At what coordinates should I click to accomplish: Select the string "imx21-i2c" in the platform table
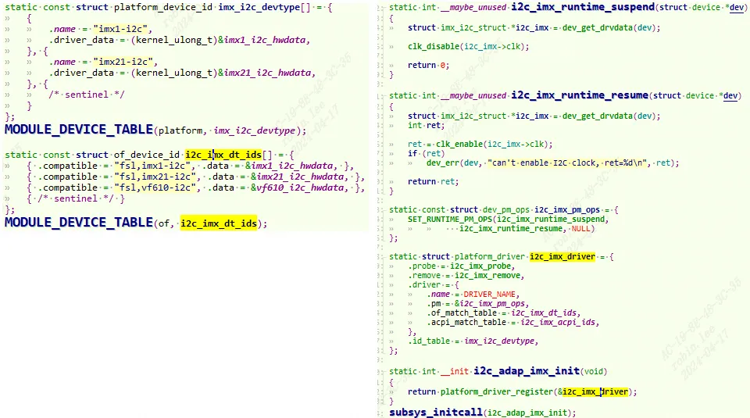click(125, 63)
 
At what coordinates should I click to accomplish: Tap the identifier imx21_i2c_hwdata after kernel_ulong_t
click(267, 73)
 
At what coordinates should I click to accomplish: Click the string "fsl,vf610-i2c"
click(155, 188)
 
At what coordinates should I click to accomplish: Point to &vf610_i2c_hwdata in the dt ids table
click(298, 188)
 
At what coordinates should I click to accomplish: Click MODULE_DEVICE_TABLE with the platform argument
click(78, 130)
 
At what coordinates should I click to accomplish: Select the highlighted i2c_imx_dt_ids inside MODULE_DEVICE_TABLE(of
click(219, 223)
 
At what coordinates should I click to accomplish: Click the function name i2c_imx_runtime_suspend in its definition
click(583, 7)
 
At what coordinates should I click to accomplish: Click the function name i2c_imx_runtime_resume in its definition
click(580, 95)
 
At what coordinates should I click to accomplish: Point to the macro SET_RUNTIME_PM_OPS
click(450, 220)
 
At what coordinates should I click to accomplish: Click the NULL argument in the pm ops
click(580, 229)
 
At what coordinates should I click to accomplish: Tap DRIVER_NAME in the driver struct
click(489, 295)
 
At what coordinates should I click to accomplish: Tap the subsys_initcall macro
click(436, 413)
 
